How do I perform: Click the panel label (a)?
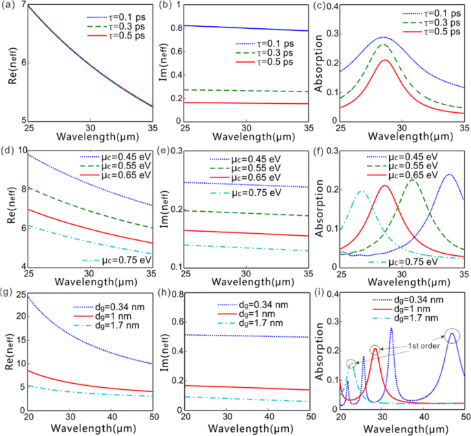click(9, 6)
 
